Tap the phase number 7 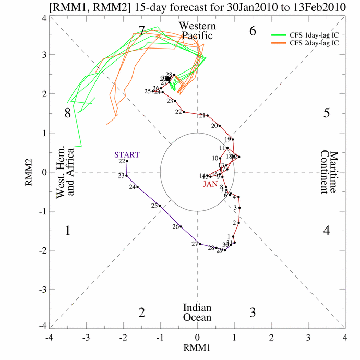click(x=141, y=31)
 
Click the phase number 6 click(x=253, y=31)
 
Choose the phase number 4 click(x=327, y=230)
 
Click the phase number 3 click(x=253, y=313)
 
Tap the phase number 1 click(x=67, y=230)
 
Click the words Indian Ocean click(x=197, y=313)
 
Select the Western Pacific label click(x=197, y=31)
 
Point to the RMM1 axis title click(x=197, y=345)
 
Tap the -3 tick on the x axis click(x=86, y=338)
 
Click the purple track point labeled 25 click(x=160, y=206)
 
